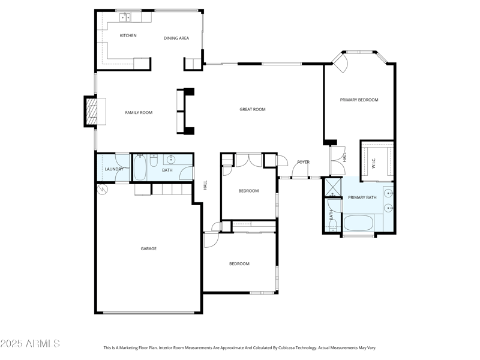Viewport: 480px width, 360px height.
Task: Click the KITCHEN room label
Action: point(128,36)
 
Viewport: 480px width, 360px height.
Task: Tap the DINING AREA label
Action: point(176,38)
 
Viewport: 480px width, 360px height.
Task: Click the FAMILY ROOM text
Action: point(139,113)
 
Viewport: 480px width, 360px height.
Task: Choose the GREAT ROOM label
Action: point(252,109)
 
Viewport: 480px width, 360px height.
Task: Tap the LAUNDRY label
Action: point(114,169)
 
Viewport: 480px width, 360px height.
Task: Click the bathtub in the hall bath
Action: point(140,168)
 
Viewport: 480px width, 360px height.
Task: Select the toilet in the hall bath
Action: point(154,160)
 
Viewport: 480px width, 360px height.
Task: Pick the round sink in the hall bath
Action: point(170,160)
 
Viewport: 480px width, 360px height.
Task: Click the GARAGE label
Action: point(148,248)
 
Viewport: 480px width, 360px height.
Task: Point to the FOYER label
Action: point(304,162)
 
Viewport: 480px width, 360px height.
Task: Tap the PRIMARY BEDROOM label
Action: point(359,100)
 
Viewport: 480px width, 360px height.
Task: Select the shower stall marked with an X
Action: point(332,187)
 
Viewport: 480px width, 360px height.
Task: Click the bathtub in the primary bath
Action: point(358,223)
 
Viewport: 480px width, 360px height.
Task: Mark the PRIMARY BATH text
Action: point(362,197)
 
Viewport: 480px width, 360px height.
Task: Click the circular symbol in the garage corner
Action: point(102,190)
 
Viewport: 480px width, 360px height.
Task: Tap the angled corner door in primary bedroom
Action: point(340,64)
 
